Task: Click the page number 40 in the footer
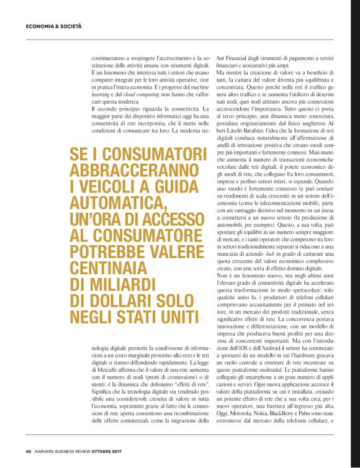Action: pyautogui.click(x=29, y=451)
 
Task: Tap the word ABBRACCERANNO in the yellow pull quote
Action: pyautogui.click(x=130, y=171)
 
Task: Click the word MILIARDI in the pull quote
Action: pyautogui.click(x=115, y=284)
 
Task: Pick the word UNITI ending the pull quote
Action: pyautogui.click(x=177, y=317)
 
